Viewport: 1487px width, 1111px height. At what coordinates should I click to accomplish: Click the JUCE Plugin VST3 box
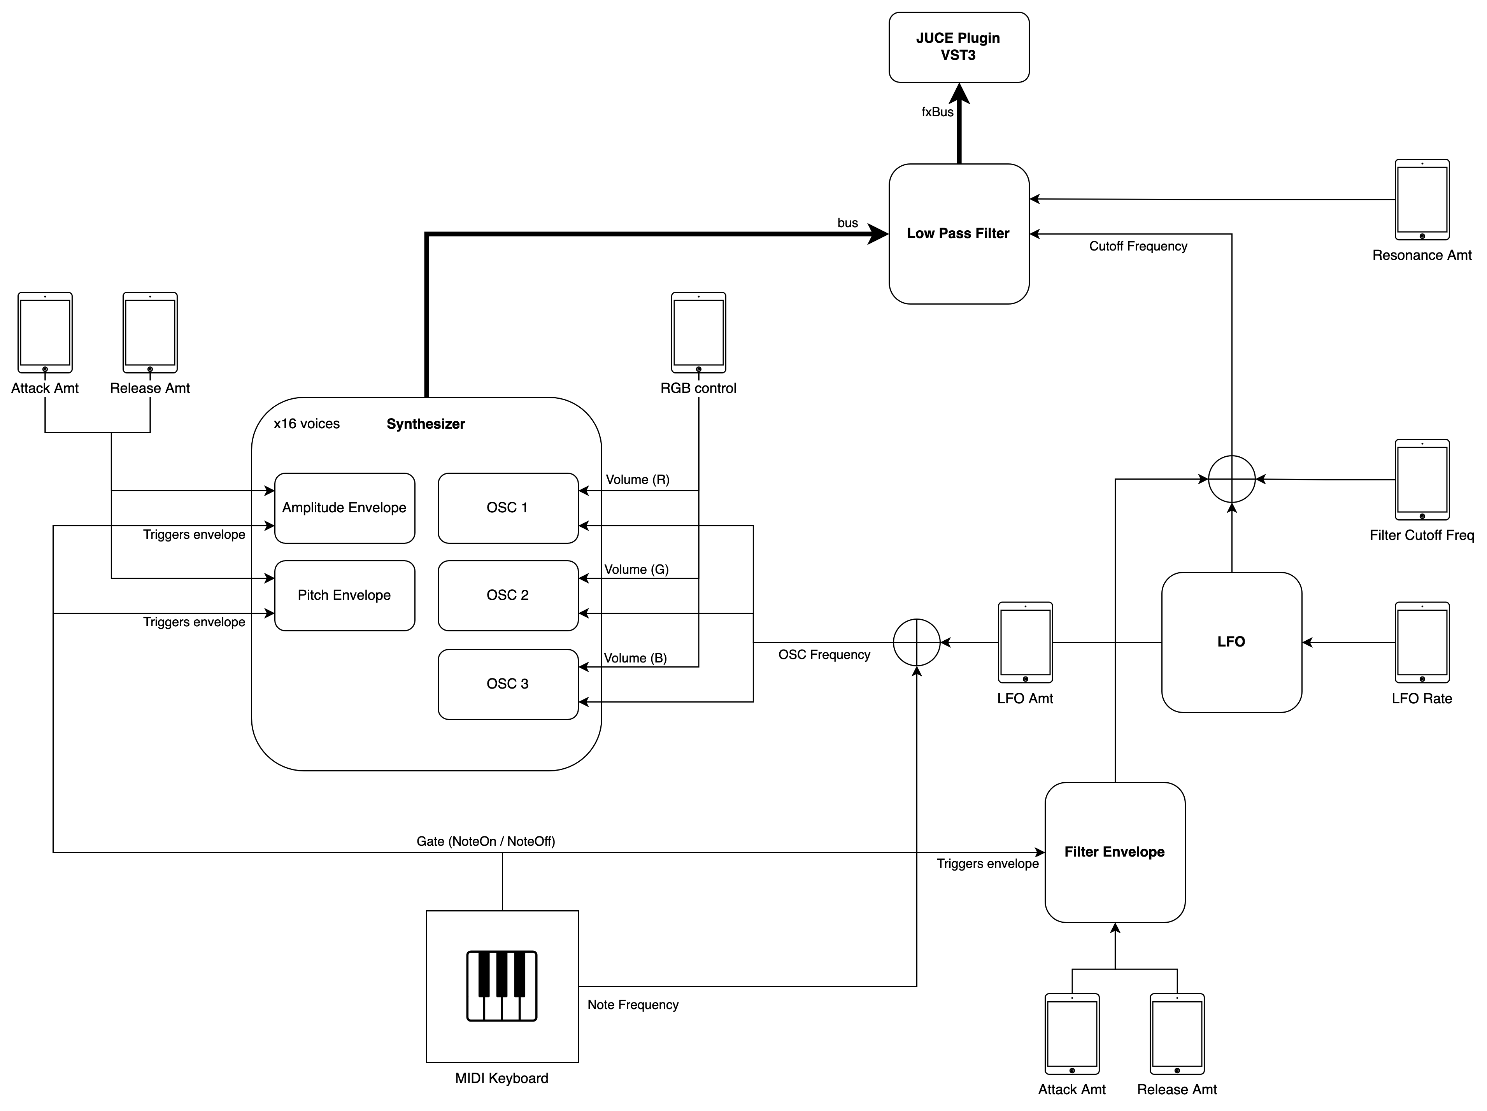coord(959,47)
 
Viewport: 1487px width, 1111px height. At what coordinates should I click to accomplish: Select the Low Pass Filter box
coord(959,234)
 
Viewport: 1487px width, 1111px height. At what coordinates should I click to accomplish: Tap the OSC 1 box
coord(508,508)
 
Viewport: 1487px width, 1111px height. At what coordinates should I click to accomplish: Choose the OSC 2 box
coord(508,596)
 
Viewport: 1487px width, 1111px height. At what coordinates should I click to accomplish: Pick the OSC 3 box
coord(508,684)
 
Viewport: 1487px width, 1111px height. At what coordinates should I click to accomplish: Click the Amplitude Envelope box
coord(344,508)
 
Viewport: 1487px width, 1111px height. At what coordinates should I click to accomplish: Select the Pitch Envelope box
coord(344,596)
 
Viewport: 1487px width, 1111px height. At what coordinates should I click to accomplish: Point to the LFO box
coord(1231,642)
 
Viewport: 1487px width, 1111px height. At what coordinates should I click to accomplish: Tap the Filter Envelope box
coord(1115,852)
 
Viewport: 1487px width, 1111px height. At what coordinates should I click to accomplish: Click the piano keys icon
coord(502,986)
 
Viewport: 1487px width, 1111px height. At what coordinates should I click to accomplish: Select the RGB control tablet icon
coord(698,333)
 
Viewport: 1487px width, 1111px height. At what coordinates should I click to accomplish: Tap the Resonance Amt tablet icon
coord(1422,200)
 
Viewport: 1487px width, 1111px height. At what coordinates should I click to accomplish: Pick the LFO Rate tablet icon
coord(1422,643)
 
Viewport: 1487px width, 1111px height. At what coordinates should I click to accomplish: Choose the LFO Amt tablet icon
coord(1025,643)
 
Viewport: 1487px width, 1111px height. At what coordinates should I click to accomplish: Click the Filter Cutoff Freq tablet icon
coord(1422,480)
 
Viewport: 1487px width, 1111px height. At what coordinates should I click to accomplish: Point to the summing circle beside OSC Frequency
coord(916,643)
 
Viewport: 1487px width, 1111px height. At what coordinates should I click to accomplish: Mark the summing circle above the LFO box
coord(1231,479)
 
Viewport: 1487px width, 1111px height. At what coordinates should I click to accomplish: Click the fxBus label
coord(937,112)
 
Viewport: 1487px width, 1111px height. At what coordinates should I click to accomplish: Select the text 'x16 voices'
coord(307,424)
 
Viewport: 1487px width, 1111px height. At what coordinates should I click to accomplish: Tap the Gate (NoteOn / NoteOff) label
coord(486,841)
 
